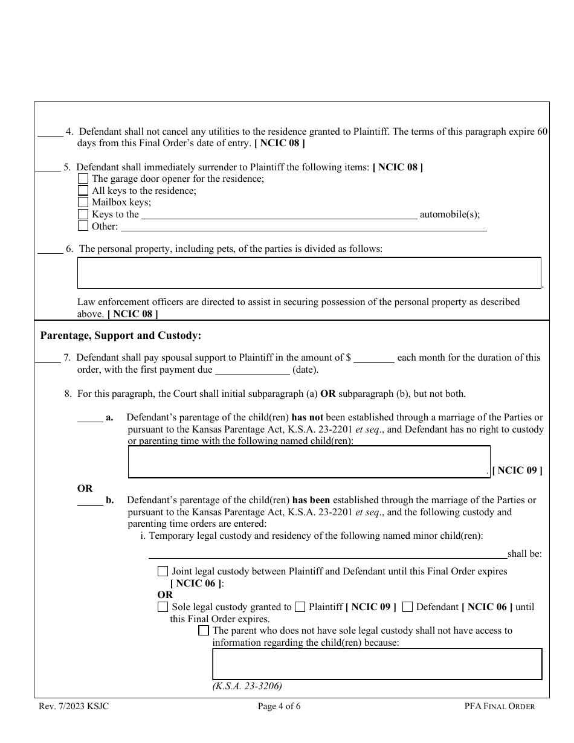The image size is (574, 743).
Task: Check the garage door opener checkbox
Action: (x=83, y=179)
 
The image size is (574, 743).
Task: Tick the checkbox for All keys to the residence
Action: (x=83, y=191)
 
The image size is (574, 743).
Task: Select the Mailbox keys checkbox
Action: (x=83, y=202)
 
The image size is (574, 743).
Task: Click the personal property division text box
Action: (x=309, y=273)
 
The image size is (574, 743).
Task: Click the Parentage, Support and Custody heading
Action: (x=120, y=335)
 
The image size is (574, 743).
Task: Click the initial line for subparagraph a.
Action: (x=90, y=418)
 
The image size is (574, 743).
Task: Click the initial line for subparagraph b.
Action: (x=90, y=501)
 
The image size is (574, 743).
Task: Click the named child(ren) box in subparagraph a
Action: (x=309, y=462)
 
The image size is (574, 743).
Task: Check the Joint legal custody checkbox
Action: (x=163, y=571)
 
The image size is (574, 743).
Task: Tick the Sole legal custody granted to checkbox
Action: (x=163, y=607)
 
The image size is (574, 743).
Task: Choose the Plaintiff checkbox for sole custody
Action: (x=300, y=607)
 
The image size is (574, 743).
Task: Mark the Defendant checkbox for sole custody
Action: (x=407, y=607)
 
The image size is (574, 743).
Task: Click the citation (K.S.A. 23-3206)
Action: (x=247, y=686)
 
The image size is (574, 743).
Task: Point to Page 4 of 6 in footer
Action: (x=279, y=706)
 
